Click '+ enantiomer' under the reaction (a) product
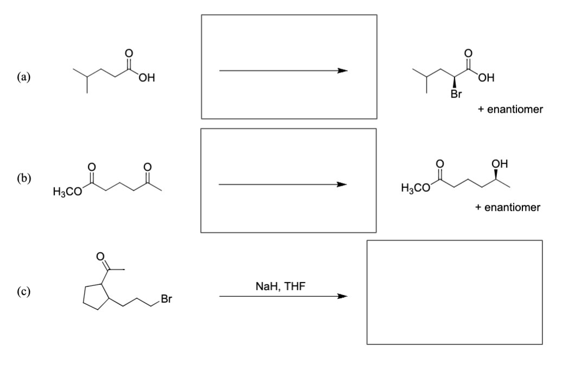click(x=510, y=109)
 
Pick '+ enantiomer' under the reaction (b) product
click(x=508, y=207)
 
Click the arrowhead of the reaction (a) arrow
click(x=341, y=70)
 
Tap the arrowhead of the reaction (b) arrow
click(x=341, y=185)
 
